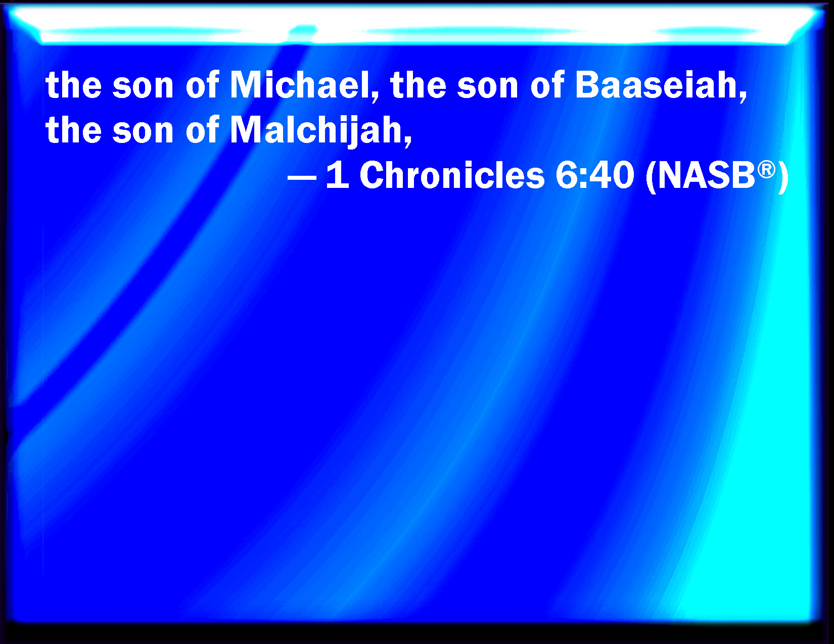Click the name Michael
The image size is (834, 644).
click(299, 85)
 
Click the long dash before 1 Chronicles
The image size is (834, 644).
click(302, 179)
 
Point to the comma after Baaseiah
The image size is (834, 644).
click(744, 96)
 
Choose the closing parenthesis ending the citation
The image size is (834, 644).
click(783, 177)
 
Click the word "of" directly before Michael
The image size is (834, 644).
click(202, 85)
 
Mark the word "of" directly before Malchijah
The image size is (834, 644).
click(202, 130)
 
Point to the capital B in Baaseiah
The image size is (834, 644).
click(587, 85)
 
